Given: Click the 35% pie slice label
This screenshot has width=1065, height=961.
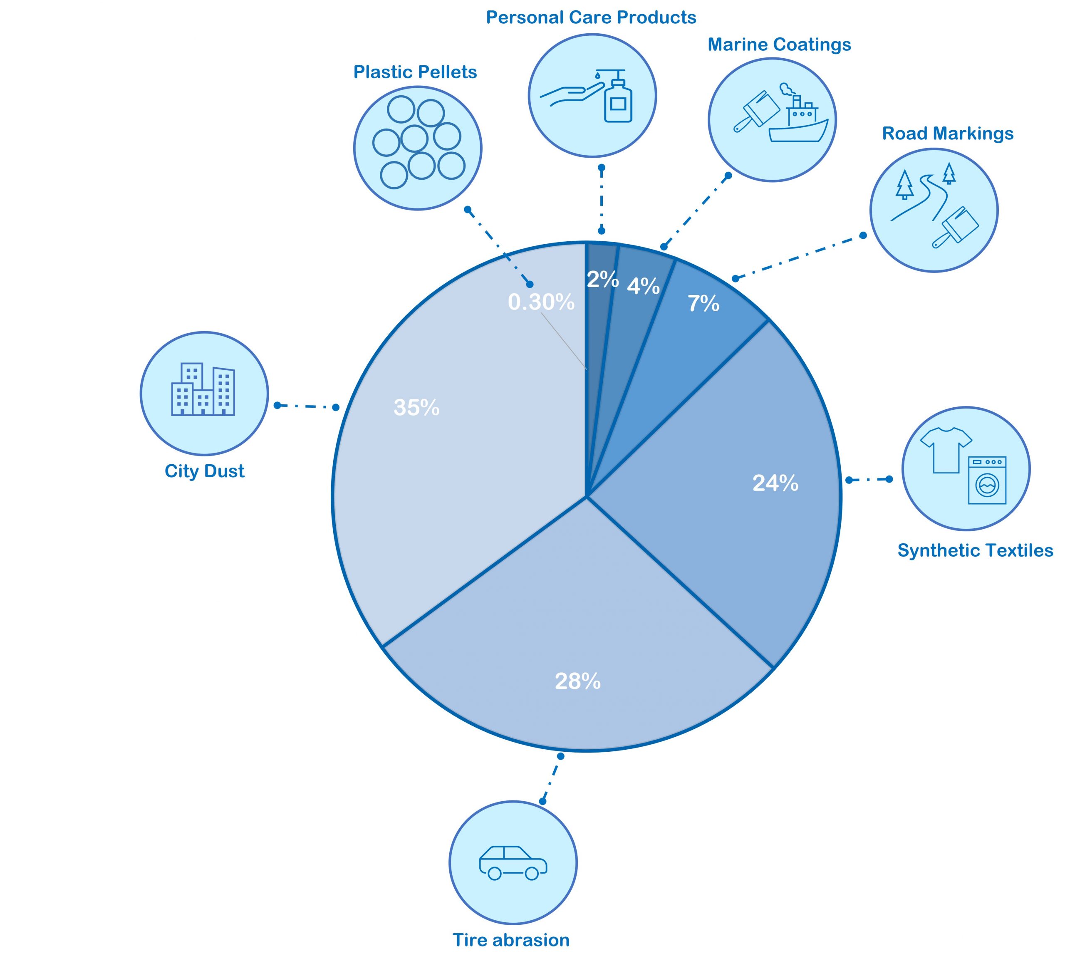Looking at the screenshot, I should pos(416,408).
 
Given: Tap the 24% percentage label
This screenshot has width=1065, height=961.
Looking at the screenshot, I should pos(775,483).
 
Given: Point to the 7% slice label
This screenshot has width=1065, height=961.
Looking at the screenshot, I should pos(703,304).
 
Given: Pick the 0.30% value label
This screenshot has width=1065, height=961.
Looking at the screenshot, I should pos(541,302).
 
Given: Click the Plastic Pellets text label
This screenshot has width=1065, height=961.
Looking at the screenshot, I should pos(415,72).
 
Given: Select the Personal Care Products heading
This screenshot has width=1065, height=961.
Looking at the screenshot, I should pos(591,17).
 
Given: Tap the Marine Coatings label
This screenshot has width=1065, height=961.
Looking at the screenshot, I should pos(779,45).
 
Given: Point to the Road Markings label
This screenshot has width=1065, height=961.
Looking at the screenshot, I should pos(947,134).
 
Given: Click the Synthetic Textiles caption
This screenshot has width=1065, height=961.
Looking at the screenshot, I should pos(975,551).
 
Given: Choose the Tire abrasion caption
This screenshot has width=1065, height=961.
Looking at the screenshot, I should pos(510,940).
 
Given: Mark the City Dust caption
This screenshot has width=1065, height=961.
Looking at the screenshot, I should pos(204,471).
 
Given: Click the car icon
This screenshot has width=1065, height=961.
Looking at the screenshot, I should pos(513,862).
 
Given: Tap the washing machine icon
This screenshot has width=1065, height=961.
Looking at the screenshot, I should pos(986,480).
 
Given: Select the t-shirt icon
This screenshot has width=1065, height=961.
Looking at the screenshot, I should pos(946,449).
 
